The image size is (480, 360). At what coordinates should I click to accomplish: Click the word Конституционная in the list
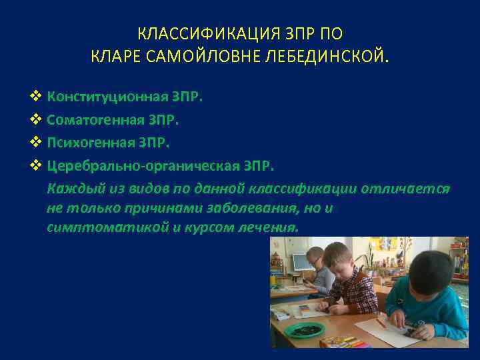[107, 97]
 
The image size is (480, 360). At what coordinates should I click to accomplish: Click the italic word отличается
[405, 188]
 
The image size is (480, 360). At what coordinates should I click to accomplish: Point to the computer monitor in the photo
[303, 261]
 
